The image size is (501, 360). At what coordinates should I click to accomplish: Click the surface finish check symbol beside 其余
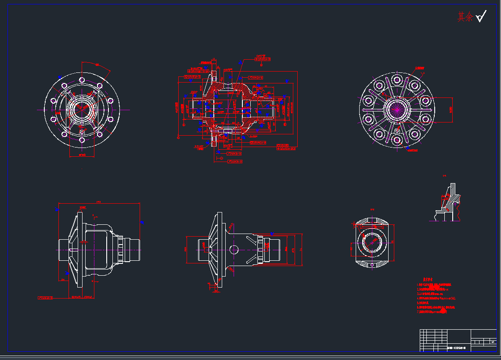click(481, 17)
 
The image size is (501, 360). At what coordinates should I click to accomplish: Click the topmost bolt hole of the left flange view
click(82, 79)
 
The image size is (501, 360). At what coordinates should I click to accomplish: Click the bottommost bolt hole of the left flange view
click(82, 140)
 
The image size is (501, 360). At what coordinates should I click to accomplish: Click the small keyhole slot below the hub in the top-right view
click(397, 130)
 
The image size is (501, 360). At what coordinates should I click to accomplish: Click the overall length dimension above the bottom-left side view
click(99, 203)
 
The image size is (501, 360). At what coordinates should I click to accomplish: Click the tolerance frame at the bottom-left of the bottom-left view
click(45, 298)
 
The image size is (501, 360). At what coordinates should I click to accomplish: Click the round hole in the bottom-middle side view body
click(234, 250)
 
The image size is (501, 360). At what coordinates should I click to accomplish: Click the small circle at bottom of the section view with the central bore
click(372, 265)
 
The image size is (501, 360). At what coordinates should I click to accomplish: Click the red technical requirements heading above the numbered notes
click(429, 279)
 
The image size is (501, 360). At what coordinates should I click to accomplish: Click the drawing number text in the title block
click(456, 348)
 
